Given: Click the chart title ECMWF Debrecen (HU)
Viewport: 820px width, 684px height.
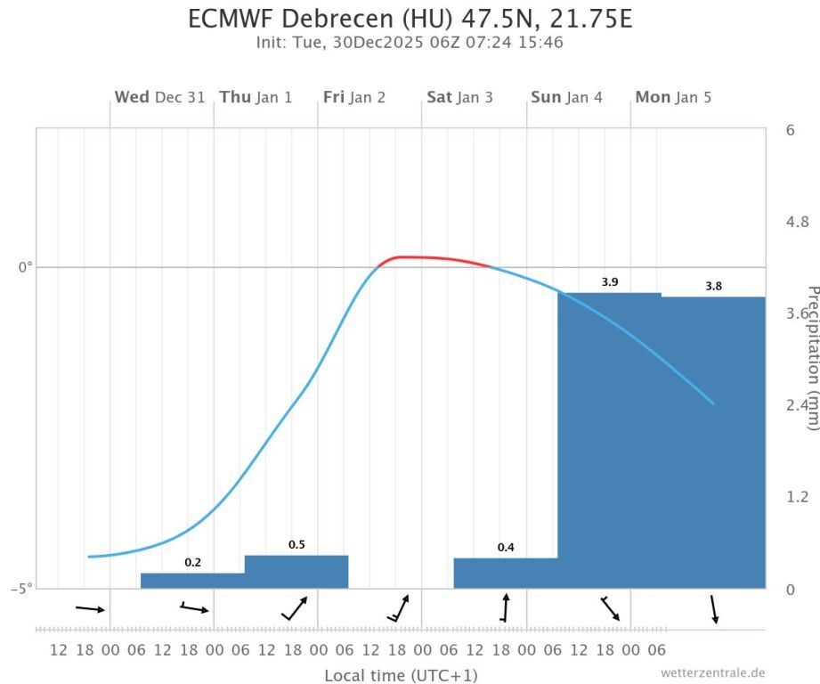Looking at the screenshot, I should [410, 18].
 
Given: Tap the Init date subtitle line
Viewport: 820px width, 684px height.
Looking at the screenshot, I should [410, 42].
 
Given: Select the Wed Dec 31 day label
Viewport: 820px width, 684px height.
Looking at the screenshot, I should [159, 97].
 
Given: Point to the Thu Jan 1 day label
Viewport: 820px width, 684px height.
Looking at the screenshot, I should [256, 97].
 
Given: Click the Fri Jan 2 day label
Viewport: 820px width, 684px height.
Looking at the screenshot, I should [354, 97].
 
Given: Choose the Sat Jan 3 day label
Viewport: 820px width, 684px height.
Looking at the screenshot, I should [459, 97].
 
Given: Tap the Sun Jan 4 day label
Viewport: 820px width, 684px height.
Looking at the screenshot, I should [566, 97].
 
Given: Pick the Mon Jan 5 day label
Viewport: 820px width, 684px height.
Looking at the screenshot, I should [673, 97].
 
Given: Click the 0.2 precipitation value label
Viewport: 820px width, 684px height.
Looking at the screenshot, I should [192, 563].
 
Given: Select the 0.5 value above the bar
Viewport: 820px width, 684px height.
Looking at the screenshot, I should [296, 545].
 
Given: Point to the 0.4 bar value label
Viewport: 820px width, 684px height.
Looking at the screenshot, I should [506, 548].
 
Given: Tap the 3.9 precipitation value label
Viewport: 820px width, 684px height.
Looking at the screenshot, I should [610, 282].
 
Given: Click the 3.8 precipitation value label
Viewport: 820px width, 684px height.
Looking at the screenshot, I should [714, 287].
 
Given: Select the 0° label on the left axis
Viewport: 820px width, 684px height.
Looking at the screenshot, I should [25, 267].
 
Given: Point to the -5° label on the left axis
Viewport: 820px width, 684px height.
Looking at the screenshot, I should [21, 588].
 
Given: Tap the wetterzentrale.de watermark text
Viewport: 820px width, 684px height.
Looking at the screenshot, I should [712, 673].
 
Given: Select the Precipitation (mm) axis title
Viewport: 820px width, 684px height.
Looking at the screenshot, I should [811, 358].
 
